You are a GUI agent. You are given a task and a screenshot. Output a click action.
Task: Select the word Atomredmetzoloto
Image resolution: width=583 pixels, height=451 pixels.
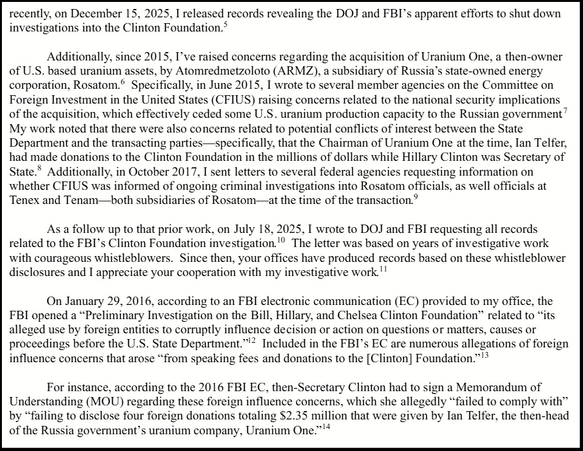coord(248,71)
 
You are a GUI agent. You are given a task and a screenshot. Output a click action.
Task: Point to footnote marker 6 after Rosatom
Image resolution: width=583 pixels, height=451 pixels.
coord(122,82)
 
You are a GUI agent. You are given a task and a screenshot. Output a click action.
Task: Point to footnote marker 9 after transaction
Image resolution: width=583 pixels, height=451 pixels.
coord(416,196)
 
